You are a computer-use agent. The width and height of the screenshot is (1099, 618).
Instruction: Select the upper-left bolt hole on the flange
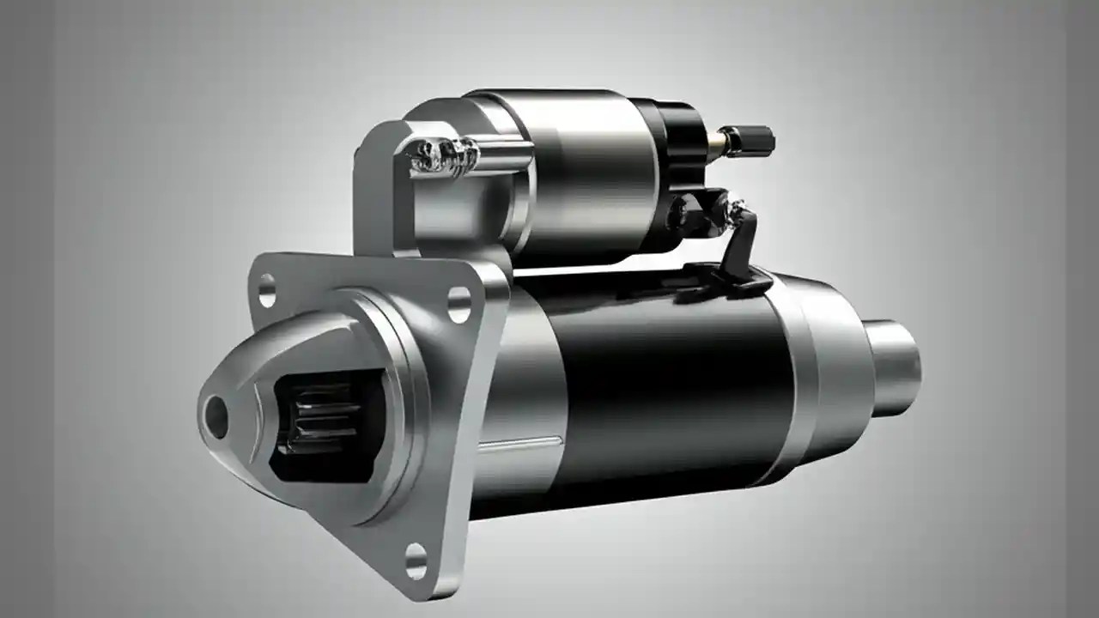pos(267,290)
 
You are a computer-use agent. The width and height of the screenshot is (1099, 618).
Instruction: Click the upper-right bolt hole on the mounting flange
pos(459,304)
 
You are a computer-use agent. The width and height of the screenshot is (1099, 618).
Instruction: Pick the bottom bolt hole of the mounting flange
pos(416,560)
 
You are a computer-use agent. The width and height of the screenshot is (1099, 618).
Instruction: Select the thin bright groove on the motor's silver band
pos(519,444)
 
